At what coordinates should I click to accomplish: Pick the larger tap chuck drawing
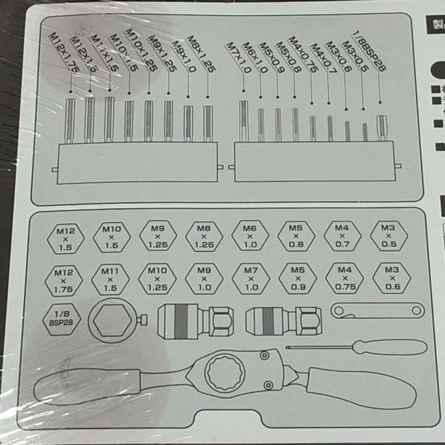pyautogui.click(x=194, y=322)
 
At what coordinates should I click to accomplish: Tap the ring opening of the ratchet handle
pyautogui.click(x=224, y=375)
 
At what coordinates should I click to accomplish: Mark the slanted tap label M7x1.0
pyautogui.click(x=238, y=59)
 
